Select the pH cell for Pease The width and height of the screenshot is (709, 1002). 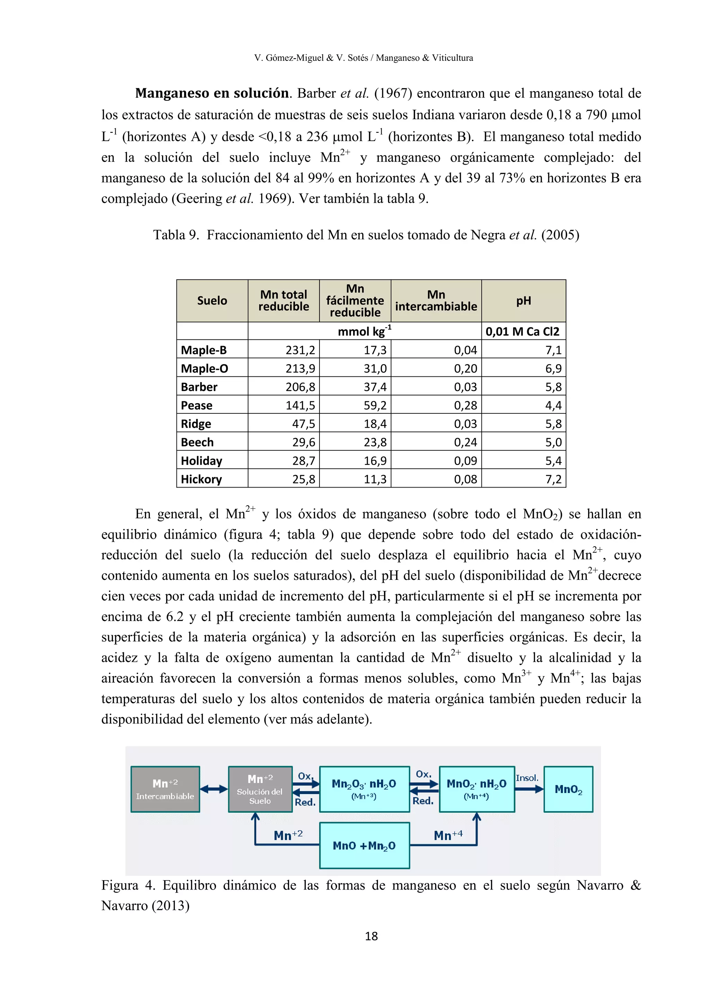coord(553,406)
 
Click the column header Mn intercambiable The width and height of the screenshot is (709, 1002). coord(436,301)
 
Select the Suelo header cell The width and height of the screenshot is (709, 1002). coord(212,301)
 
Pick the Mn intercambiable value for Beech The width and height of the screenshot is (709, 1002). coord(465,443)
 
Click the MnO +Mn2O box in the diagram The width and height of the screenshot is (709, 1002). coord(364,846)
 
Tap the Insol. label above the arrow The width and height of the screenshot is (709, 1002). coord(527,778)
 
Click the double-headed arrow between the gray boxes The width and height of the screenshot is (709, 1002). coord(214,789)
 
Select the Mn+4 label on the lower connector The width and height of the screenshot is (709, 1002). coord(448,835)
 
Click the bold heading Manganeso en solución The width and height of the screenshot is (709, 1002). coord(212,93)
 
